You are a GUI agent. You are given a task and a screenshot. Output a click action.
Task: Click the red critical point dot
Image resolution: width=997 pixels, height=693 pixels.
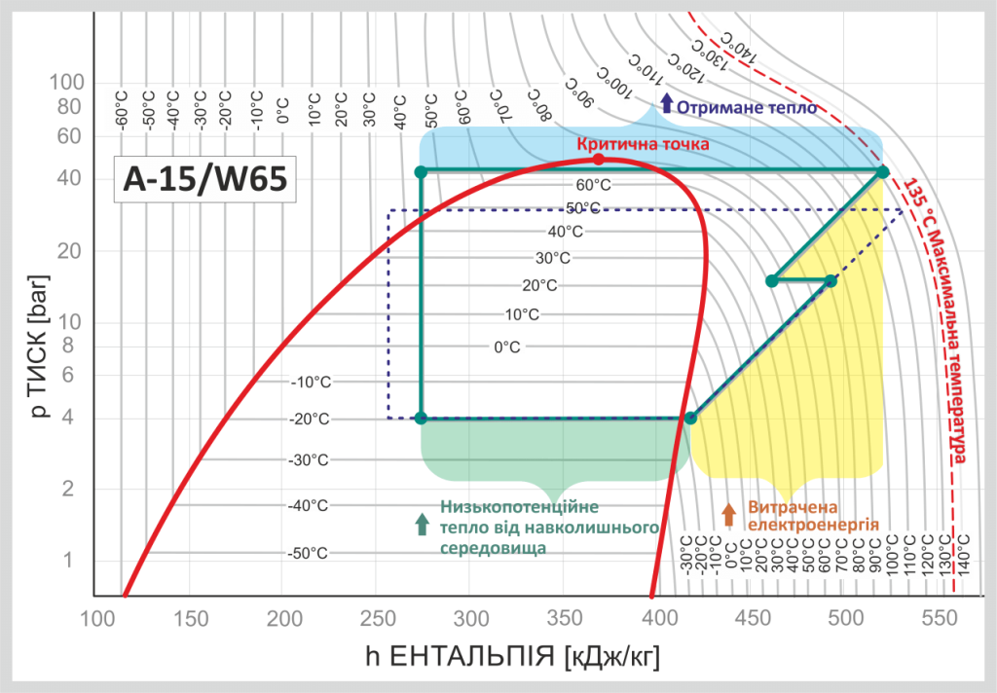point(599,159)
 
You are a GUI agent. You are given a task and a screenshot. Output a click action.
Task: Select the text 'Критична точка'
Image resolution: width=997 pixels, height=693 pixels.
point(642,144)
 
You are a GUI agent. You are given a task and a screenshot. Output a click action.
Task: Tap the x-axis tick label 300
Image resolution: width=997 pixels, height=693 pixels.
point(472,619)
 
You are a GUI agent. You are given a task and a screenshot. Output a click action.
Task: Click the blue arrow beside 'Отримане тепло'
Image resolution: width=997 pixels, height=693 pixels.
point(666,105)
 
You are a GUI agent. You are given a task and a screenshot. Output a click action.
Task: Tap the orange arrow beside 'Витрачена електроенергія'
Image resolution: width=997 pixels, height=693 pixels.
point(728,514)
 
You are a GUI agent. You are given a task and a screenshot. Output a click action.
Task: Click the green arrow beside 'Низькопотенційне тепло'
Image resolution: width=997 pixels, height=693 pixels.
point(422,524)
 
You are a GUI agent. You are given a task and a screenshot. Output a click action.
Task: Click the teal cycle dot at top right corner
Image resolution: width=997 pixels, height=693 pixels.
point(882,172)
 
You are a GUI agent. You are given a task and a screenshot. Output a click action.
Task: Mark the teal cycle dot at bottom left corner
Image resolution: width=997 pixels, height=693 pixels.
point(421,419)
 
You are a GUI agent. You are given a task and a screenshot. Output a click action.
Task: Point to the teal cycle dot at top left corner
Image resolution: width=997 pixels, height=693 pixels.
point(421,172)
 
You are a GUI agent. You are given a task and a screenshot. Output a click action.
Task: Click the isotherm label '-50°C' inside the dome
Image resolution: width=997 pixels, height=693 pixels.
point(307,553)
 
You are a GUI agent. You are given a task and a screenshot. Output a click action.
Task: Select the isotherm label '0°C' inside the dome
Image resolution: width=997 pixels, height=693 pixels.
point(507,346)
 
